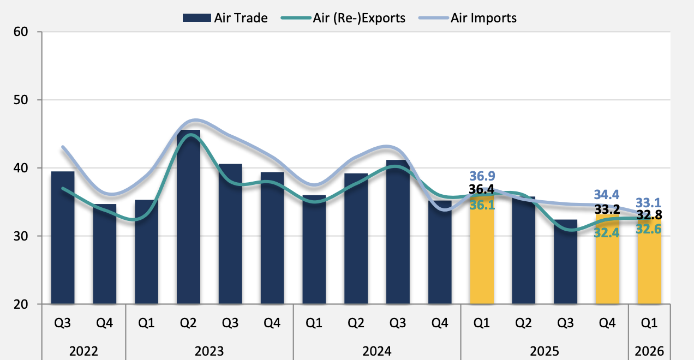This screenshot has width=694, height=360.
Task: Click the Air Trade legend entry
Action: [x=225, y=18]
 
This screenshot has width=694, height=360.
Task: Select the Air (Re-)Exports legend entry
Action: [x=344, y=18]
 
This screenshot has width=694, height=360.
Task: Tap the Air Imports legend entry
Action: [x=468, y=18]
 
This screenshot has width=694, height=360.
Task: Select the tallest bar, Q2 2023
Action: [x=188, y=218]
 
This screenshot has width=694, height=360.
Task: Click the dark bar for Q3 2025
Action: [x=565, y=262]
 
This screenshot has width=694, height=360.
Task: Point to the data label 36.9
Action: [x=482, y=176]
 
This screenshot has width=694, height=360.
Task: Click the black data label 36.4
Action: [x=482, y=190]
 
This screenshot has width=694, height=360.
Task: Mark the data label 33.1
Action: [x=649, y=203]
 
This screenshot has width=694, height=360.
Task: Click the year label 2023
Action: [x=210, y=350]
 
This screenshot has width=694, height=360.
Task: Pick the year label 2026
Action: [x=649, y=350]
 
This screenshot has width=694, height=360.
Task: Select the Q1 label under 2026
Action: [x=649, y=323]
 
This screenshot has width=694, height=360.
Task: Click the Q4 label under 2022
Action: [x=105, y=323]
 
